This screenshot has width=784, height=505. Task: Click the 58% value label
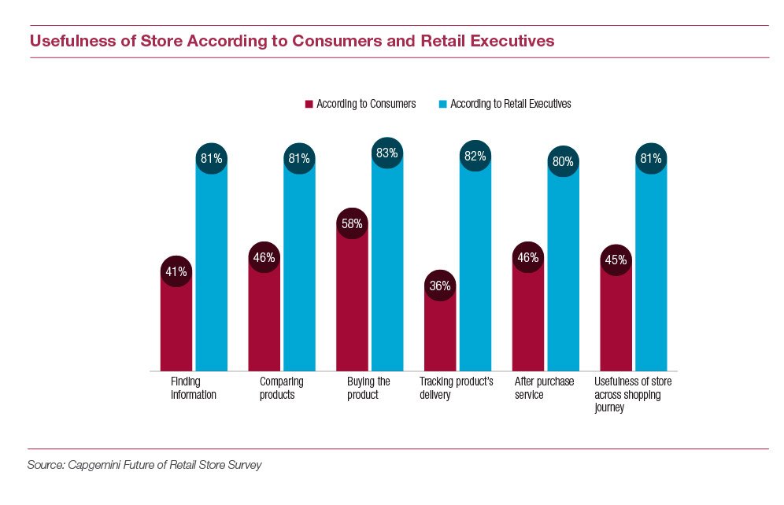click(353, 223)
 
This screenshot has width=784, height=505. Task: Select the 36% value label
click(440, 286)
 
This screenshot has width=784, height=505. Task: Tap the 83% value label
click(387, 153)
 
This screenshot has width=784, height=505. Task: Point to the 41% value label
click(176, 272)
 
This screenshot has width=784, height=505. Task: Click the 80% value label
click(564, 162)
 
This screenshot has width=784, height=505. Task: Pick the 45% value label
click(616, 260)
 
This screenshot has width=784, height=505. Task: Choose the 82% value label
click(475, 157)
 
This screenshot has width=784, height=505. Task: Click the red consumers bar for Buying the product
click(353, 307)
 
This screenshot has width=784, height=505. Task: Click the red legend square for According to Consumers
click(309, 104)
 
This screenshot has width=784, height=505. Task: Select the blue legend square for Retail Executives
click(443, 104)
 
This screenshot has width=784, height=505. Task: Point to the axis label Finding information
click(193, 389)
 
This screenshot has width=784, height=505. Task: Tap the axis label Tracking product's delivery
click(457, 389)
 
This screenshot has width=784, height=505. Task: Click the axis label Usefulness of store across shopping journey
click(634, 395)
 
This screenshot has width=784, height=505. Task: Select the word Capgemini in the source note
click(98, 465)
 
